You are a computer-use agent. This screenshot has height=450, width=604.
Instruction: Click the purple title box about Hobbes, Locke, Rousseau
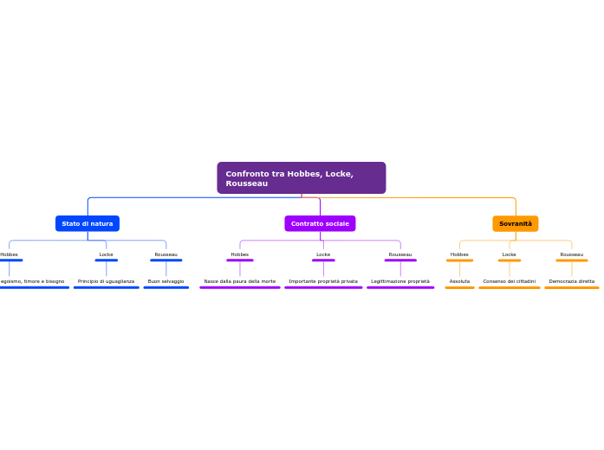click(x=301, y=177)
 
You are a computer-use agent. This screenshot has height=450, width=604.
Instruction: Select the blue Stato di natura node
click(x=88, y=223)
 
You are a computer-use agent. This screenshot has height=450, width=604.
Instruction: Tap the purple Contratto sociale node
click(x=320, y=223)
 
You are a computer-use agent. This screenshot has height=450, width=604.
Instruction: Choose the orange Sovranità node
click(x=516, y=223)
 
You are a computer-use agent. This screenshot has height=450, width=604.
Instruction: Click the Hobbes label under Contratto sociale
click(x=240, y=254)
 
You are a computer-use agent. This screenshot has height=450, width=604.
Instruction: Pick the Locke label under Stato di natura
click(x=107, y=254)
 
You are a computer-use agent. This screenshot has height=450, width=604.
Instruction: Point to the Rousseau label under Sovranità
click(x=572, y=254)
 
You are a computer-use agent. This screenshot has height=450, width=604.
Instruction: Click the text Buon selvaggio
click(x=166, y=281)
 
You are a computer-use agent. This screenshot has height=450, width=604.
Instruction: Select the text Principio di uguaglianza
click(x=106, y=281)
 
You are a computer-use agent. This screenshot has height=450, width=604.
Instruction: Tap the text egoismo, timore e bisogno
click(x=33, y=281)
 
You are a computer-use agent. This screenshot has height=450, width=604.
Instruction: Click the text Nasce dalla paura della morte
click(x=240, y=281)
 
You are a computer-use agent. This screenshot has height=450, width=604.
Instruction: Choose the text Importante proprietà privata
click(x=323, y=281)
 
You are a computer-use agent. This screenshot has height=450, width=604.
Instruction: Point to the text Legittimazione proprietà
click(x=400, y=281)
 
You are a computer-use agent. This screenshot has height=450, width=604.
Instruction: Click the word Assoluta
click(x=459, y=281)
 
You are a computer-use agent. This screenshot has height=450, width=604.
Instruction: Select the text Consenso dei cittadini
click(x=510, y=281)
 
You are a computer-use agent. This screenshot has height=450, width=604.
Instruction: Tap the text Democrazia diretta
click(x=572, y=281)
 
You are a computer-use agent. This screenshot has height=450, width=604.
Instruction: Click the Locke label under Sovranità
click(x=510, y=254)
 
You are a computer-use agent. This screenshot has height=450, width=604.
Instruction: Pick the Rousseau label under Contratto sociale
click(x=400, y=254)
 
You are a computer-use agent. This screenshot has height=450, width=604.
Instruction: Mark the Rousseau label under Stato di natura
click(x=166, y=254)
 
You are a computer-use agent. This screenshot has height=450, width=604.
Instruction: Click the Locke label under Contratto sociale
click(x=323, y=254)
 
